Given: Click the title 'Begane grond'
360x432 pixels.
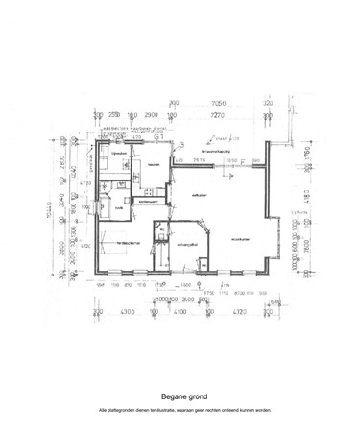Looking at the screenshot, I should (180, 395).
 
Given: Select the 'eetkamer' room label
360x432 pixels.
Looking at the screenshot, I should (200, 195).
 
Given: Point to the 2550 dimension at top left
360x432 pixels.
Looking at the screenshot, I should (114, 116).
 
